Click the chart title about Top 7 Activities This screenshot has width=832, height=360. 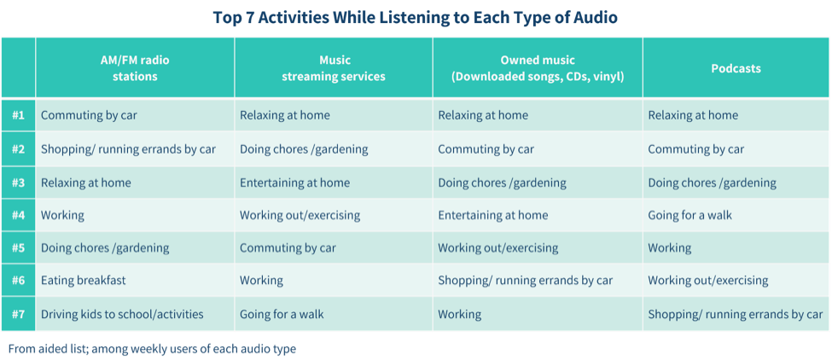click(416, 18)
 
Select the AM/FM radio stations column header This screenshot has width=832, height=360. click(135, 68)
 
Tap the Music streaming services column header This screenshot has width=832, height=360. click(333, 68)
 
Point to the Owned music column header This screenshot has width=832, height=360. click(538, 68)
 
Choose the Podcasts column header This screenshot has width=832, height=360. click(736, 68)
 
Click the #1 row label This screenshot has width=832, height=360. click(19, 115)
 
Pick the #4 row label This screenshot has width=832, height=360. click(19, 215)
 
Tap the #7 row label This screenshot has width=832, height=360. click(19, 314)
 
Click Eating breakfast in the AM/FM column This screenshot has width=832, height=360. click(84, 281)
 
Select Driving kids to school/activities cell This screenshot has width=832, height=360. click(122, 314)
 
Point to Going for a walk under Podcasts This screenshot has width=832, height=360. click(689, 215)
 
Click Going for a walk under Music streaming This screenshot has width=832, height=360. click(282, 314)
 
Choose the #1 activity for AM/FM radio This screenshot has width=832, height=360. click(89, 115)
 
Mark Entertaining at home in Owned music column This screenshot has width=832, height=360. click(493, 215)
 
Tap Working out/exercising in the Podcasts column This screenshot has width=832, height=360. click(707, 281)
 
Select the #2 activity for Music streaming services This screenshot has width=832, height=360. click(304, 149)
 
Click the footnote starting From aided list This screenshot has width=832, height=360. click(152, 349)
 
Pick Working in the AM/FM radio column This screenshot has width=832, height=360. click(62, 215)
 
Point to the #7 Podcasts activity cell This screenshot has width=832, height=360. click(736, 314)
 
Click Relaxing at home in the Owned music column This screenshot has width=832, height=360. click(483, 115)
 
